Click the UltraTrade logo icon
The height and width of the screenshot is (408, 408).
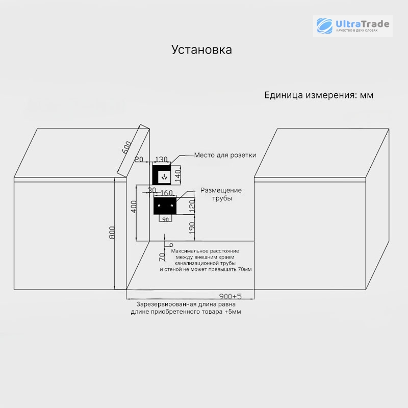click(324, 26)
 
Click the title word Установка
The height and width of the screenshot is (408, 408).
click(201, 49)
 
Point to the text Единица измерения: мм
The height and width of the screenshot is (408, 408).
click(319, 95)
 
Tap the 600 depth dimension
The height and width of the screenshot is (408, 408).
click(126, 147)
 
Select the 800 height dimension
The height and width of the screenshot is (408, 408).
click(112, 233)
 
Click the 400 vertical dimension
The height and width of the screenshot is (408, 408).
click(134, 207)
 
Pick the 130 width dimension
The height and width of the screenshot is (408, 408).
click(161, 159)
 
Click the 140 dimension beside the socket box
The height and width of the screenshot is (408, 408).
click(177, 176)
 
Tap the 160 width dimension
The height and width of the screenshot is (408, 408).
click(167, 193)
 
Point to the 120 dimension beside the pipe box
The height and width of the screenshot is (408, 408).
click(192, 206)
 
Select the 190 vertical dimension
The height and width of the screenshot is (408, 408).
click(192, 227)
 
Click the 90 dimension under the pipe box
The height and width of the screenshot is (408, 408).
click(165, 220)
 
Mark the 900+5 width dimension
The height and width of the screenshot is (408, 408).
click(231, 296)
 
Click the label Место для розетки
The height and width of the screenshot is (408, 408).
click(225, 155)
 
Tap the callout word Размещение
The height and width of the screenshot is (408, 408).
click(221, 190)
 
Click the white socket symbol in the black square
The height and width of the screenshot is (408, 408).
click(164, 177)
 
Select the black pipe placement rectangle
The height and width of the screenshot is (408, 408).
click(165, 206)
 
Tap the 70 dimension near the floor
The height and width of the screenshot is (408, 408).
click(162, 257)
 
